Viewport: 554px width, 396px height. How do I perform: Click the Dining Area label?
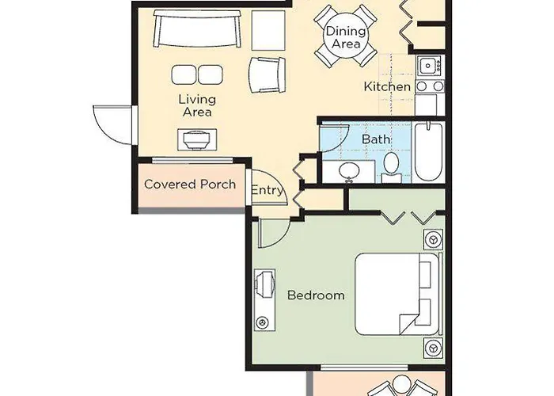click(x=346, y=37)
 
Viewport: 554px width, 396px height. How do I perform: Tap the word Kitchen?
click(x=387, y=86)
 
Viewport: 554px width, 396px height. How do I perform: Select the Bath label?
click(x=376, y=139)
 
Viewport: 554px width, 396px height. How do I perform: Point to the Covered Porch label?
click(x=190, y=185)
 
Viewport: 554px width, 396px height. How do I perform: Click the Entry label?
click(x=268, y=190)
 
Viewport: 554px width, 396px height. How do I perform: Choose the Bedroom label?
click(x=316, y=295)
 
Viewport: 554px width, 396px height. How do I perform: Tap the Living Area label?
click(x=197, y=105)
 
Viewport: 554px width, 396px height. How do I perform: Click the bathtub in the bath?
click(x=428, y=152)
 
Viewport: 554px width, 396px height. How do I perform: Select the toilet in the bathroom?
click(x=391, y=167)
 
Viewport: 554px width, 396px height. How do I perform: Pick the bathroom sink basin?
click(x=349, y=172)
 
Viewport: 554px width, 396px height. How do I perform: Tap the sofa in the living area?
click(x=198, y=29)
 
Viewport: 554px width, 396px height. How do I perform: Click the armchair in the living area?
click(x=268, y=75)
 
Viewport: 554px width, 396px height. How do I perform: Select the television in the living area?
click(x=197, y=139)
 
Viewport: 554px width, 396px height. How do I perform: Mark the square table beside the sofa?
click(x=268, y=30)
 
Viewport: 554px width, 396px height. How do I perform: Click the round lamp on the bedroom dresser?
click(x=262, y=322)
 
